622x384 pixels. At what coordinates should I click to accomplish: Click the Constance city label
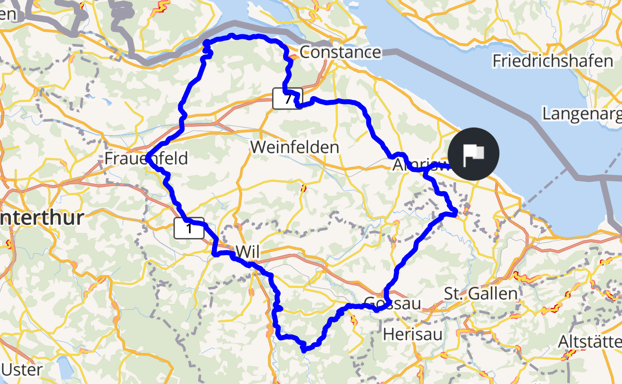[340, 52]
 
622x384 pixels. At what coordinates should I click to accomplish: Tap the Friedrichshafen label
[553, 61]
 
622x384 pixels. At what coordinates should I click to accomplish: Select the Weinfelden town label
[295, 147]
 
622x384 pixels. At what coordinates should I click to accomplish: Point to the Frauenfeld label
[146, 158]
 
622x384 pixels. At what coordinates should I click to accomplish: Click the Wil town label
[248, 251]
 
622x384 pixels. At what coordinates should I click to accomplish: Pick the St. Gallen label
[481, 294]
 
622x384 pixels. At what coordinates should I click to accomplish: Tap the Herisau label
[413, 334]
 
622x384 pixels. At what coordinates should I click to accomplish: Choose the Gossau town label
[392, 304]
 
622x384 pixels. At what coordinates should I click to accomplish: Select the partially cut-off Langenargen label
[582, 114]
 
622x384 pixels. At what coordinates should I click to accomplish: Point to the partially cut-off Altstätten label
[590, 342]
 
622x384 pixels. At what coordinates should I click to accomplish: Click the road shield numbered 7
[287, 99]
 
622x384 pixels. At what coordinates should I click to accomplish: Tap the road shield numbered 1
[189, 228]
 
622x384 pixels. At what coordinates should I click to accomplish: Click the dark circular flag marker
[473, 154]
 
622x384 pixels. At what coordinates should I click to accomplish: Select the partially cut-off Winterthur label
[41, 217]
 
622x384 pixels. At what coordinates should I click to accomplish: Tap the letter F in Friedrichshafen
[497, 61]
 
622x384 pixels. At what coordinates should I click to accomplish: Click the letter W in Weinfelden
[259, 147]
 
